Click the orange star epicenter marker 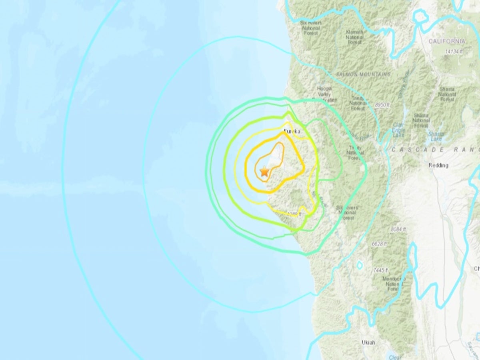pos(264,171)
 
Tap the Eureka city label pos(292,131)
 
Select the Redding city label pos(438,165)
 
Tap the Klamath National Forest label pos(354,37)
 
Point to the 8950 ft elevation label pos(382,104)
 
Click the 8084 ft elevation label pos(398,229)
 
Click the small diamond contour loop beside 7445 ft pos(360,265)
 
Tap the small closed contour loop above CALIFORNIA pos(420,17)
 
